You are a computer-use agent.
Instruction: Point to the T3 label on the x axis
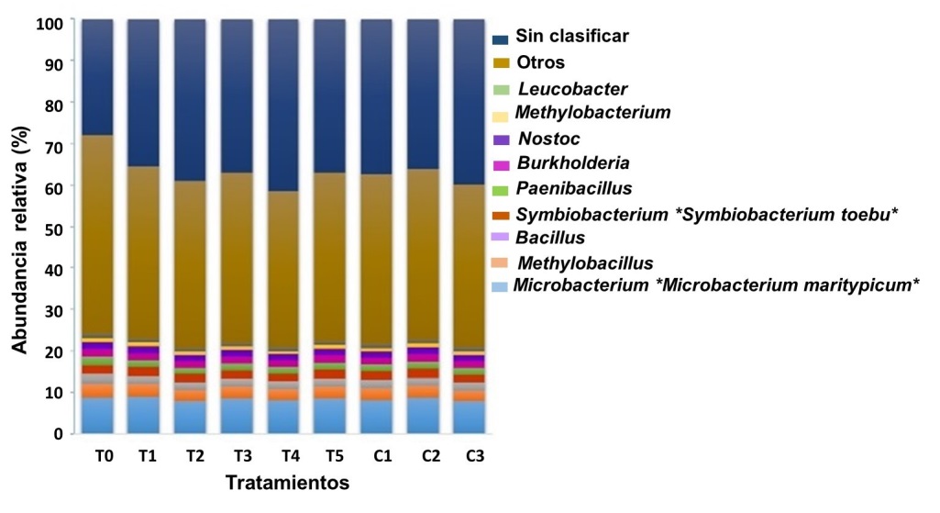pos(242,456)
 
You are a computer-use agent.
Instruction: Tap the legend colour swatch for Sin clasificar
pos(501,39)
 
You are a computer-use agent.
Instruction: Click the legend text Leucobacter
pos(572,89)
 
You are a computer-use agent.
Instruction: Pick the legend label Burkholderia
pos(573,163)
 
